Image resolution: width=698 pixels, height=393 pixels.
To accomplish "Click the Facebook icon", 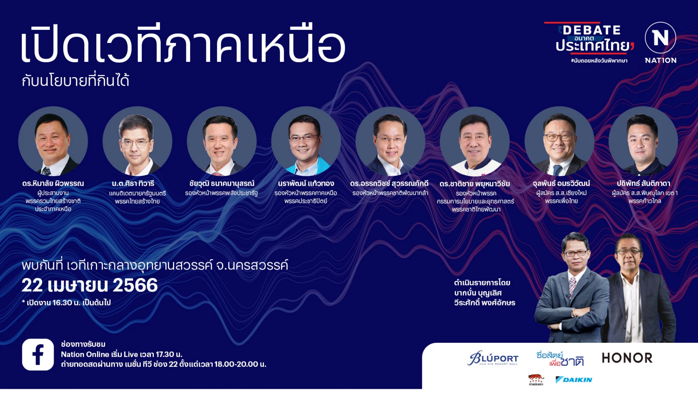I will [38, 354].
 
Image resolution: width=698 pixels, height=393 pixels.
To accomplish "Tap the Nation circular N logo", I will [660, 38].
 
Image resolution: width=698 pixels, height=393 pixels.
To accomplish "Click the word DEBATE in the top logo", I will [591, 30].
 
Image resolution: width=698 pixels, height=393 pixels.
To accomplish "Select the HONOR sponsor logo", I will [627, 358].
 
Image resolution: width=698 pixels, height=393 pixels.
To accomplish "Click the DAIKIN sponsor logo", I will [574, 380].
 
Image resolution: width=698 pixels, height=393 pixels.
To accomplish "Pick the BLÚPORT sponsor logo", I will [493, 358].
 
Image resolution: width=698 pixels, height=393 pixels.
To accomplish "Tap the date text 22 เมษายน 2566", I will [90, 285].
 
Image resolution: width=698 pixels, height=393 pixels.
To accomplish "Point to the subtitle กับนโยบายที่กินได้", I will [75, 81].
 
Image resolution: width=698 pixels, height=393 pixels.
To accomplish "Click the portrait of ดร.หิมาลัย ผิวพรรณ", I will [53, 141].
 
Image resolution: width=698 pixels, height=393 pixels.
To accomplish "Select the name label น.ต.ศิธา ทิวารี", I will [133, 183].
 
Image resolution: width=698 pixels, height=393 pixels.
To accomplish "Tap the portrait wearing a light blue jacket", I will [306, 141].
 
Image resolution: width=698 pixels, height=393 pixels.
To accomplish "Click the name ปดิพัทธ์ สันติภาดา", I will [643, 183].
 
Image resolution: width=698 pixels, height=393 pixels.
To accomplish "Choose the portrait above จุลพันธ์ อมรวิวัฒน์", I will [559, 141].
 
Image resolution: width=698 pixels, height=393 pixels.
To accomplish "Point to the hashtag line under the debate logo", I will [599, 61].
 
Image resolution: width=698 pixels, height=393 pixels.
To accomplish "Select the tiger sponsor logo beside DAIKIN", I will [536, 380].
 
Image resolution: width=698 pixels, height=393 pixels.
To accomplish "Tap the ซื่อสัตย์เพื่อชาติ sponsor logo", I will [560, 358].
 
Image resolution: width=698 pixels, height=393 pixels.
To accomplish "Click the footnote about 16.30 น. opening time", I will [66, 303].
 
